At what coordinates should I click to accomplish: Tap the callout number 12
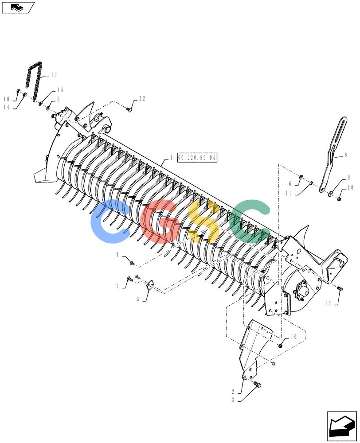pyautogui.click(x=142, y=98)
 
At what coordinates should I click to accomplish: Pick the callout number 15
pyautogui.click(x=328, y=303)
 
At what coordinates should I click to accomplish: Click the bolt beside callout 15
pyautogui.click(x=340, y=289)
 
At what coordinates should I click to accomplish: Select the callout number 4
pyautogui.click(x=117, y=255)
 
